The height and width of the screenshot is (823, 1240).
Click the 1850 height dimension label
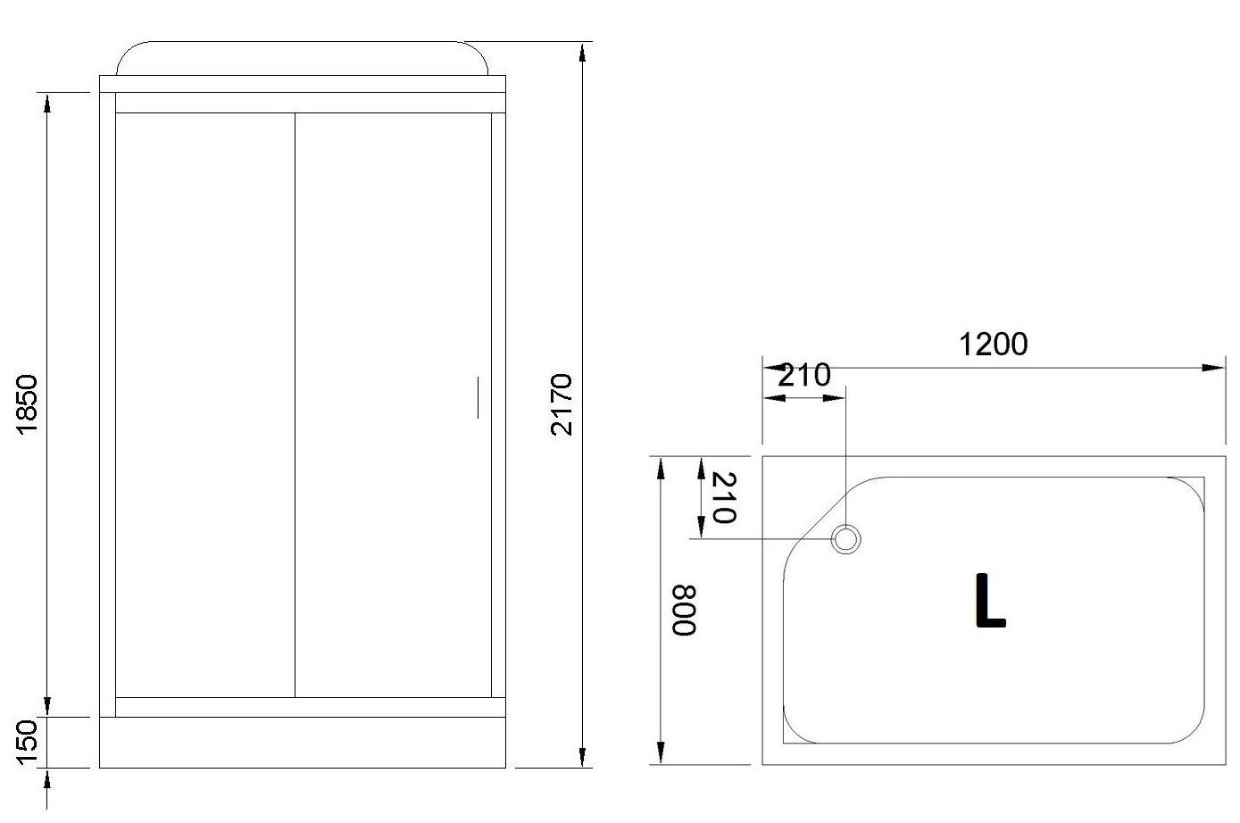(27, 404)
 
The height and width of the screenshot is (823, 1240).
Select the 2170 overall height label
(562, 404)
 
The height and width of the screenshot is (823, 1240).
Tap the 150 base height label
(27, 742)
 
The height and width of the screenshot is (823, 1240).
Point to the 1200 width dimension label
(993, 345)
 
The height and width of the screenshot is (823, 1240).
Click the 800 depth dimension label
(683, 611)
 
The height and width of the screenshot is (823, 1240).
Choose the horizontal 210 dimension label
(803, 375)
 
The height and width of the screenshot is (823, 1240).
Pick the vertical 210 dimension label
(723, 497)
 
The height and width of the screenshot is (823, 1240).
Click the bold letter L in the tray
(990, 601)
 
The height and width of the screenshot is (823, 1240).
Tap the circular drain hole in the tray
(845, 538)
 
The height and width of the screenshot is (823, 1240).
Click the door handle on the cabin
(478, 397)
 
